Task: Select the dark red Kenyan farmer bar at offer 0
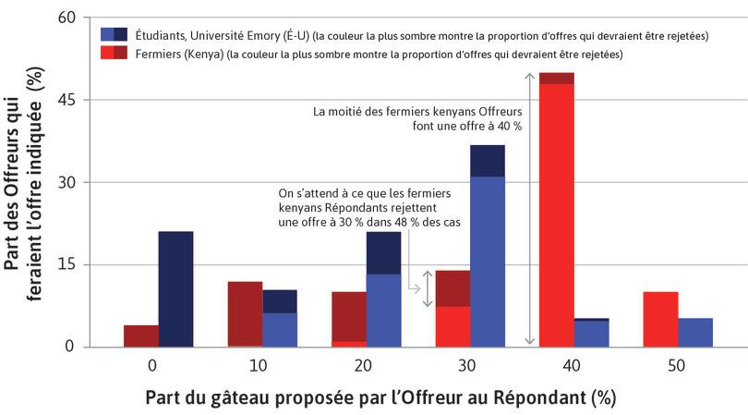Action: click(x=140, y=336)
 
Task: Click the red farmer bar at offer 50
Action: click(x=660, y=320)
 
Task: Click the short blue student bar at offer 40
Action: click(x=591, y=333)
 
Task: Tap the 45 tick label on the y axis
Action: click(x=70, y=100)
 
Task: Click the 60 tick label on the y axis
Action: click(x=70, y=18)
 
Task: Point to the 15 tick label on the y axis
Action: click(x=70, y=265)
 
